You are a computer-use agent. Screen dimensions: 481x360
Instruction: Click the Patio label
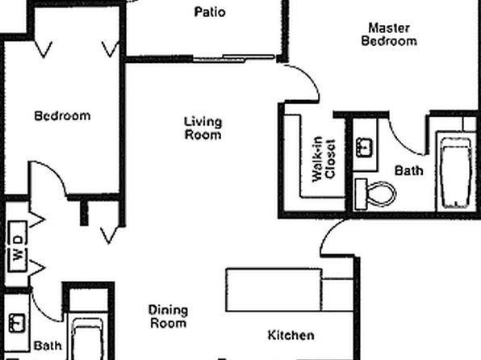point(210,12)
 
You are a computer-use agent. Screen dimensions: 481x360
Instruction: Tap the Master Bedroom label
point(389,35)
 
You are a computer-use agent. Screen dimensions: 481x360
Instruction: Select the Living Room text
point(203,128)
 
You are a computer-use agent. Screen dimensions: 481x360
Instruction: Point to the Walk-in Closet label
point(324,159)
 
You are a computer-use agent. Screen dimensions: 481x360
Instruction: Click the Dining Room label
point(168,316)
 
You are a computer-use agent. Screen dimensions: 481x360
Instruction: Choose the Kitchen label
point(291,335)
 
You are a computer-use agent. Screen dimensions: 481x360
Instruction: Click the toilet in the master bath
point(375,194)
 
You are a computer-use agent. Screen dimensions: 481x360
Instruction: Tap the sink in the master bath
point(364,147)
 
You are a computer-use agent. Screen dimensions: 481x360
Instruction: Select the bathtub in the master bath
point(456,173)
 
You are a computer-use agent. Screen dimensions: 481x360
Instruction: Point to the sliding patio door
point(234,58)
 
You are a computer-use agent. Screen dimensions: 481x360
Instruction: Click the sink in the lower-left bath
point(17,323)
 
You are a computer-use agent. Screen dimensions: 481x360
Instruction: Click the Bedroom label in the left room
point(62,116)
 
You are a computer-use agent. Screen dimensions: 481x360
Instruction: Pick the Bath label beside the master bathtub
point(408,170)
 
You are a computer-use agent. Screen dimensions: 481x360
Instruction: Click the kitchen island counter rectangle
point(274,291)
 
